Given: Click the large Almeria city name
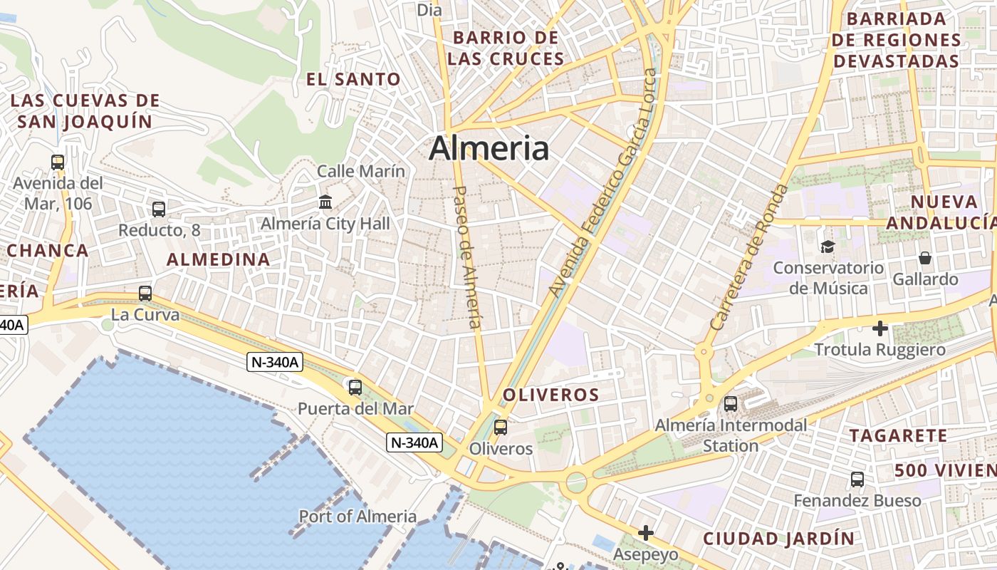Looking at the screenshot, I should [489, 149].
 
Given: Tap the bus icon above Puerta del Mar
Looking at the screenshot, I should [355, 388].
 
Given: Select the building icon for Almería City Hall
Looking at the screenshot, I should [325, 202].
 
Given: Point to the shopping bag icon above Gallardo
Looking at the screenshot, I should [925, 257].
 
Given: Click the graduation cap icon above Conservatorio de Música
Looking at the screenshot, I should [828, 247].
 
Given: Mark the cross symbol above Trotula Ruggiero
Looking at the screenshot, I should [880, 328].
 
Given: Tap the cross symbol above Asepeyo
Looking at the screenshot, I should [646, 533].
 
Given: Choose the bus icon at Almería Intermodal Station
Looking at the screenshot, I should [731, 404].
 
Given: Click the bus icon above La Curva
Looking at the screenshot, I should [145, 294].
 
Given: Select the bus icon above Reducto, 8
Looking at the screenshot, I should [159, 209].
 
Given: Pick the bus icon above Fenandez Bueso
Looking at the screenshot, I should [857, 480].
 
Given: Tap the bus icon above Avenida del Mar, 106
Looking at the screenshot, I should [58, 162].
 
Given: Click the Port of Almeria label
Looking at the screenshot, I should [357, 517].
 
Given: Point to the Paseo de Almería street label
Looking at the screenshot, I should [466, 257].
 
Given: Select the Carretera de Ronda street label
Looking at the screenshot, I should [750, 256].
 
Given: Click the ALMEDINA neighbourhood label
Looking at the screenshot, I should [219, 259].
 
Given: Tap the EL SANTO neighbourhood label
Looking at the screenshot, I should [353, 79].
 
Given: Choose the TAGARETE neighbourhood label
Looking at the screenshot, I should [898, 435].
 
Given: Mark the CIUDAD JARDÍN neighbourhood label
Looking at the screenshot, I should [778, 538].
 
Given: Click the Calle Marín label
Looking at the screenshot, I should [360, 171].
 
